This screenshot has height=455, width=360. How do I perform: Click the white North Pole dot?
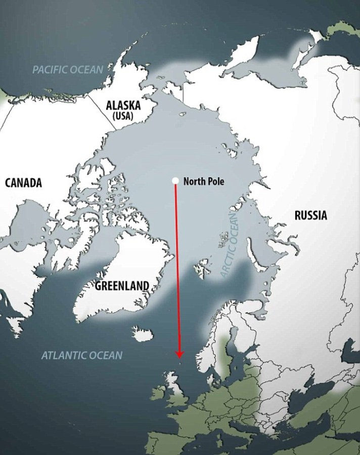click(175, 180)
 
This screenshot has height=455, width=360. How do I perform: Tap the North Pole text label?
click(203, 181)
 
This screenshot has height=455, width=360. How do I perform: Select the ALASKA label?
click(123, 105)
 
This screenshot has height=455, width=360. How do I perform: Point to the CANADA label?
click(23, 183)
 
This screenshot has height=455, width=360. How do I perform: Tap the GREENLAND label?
click(122, 286)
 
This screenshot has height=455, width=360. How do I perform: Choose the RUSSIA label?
click(310, 215)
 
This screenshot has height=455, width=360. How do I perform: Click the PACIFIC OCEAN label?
click(67, 70)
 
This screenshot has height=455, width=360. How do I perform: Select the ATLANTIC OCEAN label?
click(81, 355)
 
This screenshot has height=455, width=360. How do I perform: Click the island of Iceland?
click(143, 334)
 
